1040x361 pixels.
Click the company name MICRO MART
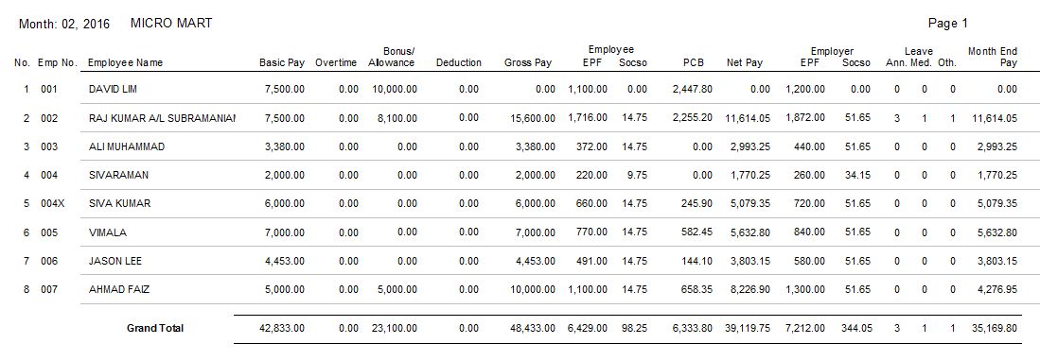point(170,23)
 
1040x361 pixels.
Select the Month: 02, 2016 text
point(64,23)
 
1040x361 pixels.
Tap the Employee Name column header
point(125,63)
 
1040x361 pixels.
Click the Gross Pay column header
point(528,63)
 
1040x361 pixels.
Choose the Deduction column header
point(459,63)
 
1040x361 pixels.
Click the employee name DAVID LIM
point(115,89)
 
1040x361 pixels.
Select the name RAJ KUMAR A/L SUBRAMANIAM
point(162,118)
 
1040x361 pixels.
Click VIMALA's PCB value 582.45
point(696,232)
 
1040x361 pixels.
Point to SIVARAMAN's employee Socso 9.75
point(635,175)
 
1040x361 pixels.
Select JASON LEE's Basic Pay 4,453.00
point(282,260)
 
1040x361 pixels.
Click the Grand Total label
point(155,328)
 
